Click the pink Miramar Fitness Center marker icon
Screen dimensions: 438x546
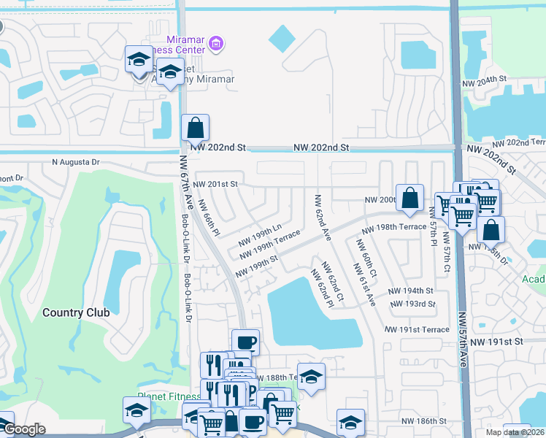pyautogui.click(x=215, y=45)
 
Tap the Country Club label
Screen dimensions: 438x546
pyautogui.click(x=76, y=312)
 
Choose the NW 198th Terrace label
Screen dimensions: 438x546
pyautogui.click(x=393, y=227)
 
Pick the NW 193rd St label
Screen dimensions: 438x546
pyautogui.click(x=412, y=304)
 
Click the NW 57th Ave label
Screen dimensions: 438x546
pyautogui.click(x=462, y=340)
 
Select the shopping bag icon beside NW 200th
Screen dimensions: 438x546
pyautogui.click(x=411, y=197)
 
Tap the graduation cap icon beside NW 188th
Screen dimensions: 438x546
pyautogui.click(x=311, y=377)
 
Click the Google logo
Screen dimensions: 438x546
pyautogui.click(x=24, y=429)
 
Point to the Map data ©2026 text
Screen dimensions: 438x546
pyautogui.click(x=515, y=432)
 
